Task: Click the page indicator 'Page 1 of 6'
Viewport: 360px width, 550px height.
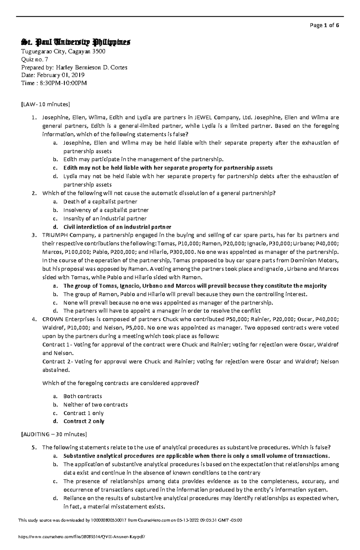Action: click(x=325, y=25)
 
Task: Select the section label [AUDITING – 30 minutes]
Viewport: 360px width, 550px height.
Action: click(x=53, y=434)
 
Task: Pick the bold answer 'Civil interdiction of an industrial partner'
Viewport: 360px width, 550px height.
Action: click(x=117, y=227)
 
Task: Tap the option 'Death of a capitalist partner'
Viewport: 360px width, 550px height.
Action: click(x=100, y=202)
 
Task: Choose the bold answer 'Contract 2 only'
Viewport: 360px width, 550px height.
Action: click(x=84, y=421)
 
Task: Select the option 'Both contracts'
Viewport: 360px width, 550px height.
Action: click(x=82, y=396)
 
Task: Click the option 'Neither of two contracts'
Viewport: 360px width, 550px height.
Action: click(x=95, y=405)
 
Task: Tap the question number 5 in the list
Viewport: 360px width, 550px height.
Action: click(x=34, y=447)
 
